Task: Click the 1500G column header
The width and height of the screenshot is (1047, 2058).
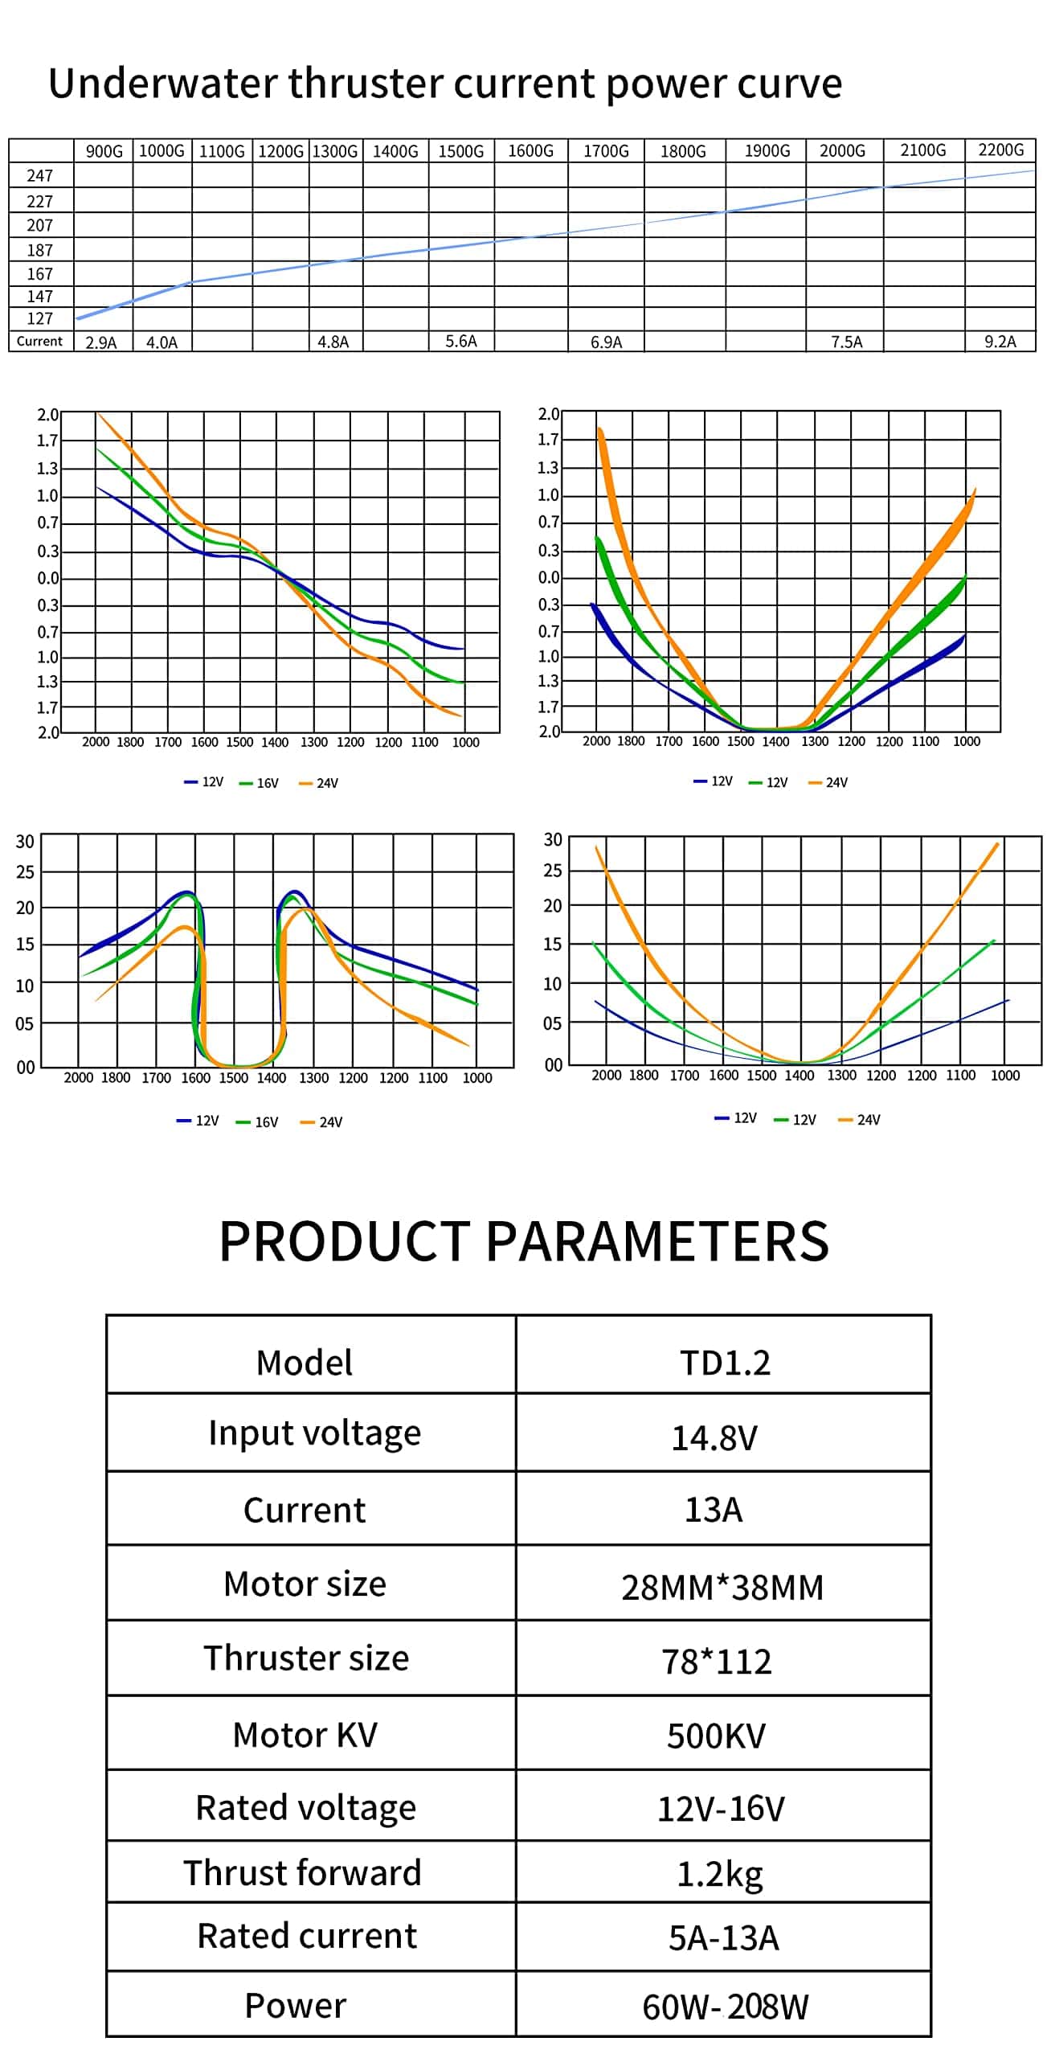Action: point(460,151)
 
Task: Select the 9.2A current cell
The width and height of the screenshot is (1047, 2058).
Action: point(1000,342)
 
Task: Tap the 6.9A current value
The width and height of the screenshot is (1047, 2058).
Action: point(606,342)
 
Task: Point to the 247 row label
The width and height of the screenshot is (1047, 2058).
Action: point(39,175)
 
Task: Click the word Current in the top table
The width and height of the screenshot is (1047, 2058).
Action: point(39,341)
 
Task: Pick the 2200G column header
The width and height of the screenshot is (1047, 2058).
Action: point(1000,150)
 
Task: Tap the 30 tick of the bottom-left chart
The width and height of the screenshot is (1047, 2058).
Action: point(25,842)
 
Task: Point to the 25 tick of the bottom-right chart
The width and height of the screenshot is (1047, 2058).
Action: point(553,871)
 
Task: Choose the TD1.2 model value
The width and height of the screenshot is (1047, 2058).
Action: point(725,1363)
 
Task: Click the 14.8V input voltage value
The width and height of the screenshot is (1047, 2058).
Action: point(714,1437)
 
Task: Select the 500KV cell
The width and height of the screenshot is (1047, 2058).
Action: point(716,1736)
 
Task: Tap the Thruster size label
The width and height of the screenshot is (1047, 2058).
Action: point(306,1658)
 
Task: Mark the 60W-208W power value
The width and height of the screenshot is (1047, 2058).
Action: point(725,2007)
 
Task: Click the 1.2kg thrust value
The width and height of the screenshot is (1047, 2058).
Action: point(719,1874)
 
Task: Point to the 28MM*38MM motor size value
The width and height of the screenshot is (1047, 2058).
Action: point(722,1587)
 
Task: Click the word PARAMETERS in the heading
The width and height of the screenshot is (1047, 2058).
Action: point(656,1240)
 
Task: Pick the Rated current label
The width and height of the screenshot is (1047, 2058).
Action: point(307,1936)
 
